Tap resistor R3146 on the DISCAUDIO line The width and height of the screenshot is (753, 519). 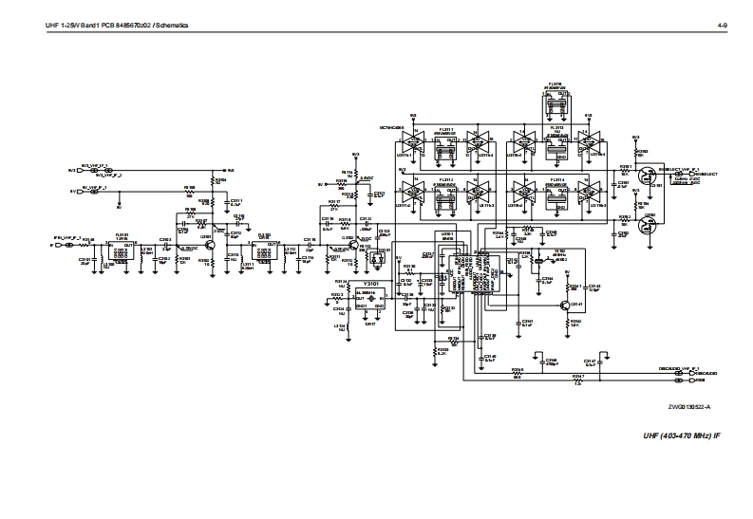518,373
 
